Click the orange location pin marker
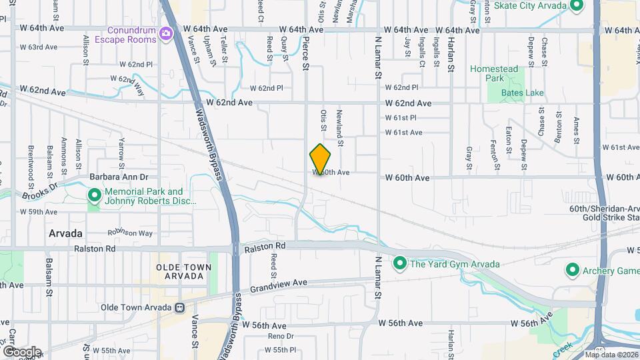[321, 159]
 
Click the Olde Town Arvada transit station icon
[179, 307]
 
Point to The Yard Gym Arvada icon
[399, 264]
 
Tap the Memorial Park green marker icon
[94, 196]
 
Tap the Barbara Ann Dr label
[119, 178]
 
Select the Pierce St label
[305, 53]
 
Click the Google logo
[21, 351]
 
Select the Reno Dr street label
[281, 335]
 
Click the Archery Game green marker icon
[572, 271]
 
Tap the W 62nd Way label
[127, 85]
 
